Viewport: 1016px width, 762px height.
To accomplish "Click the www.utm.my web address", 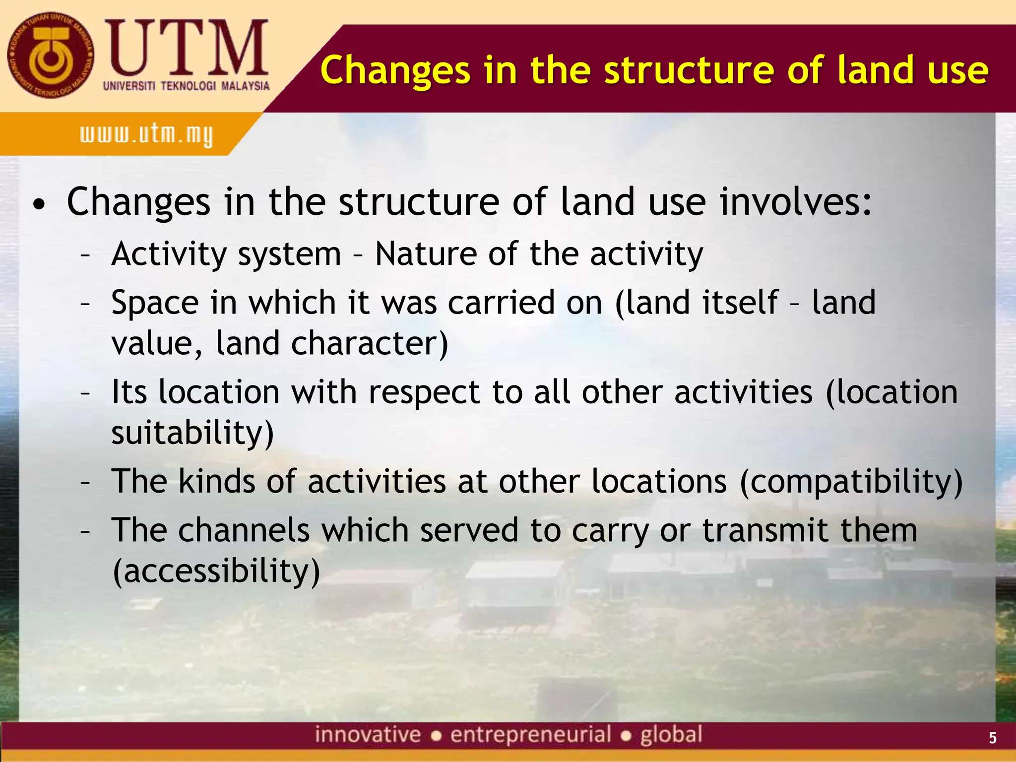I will [x=146, y=134].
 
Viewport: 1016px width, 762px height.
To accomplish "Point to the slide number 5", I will [x=992, y=738].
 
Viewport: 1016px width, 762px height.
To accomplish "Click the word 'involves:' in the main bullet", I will [x=796, y=202].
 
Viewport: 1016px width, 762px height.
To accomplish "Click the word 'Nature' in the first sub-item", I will [x=426, y=254].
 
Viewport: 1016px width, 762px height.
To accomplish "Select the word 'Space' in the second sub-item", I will [x=155, y=303].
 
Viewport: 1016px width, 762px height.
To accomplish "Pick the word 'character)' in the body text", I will [x=370, y=343].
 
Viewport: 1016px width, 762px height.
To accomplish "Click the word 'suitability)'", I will [x=192, y=433].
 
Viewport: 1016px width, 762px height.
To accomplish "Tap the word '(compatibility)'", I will [x=851, y=482].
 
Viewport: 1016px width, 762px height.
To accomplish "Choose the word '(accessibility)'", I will [x=216, y=571].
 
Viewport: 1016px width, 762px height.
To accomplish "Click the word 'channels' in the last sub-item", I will [x=244, y=530].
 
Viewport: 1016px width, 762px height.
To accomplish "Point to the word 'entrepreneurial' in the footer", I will [x=530, y=735].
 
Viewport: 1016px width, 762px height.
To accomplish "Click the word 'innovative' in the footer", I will [x=368, y=735].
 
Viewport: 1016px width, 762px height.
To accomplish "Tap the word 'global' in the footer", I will [x=671, y=735].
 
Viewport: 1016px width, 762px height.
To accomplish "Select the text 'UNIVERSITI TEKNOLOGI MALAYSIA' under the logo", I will [x=186, y=86].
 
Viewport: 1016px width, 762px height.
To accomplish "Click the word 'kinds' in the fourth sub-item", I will [x=216, y=482].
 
